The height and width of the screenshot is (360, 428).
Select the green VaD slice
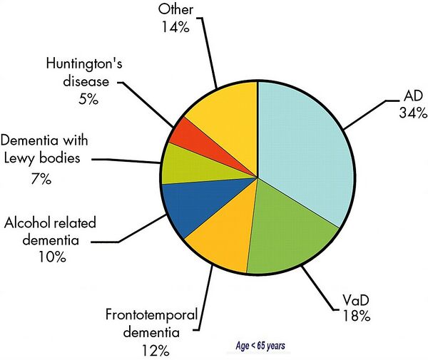(290, 232)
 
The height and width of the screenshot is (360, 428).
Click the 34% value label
(413, 113)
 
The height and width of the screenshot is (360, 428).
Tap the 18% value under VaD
(357, 317)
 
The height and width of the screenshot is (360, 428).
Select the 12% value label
(156, 351)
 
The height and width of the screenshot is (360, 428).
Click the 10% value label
(52, 257)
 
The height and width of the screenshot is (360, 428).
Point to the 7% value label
(41, 179)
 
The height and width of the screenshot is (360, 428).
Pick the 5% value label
(88, 99)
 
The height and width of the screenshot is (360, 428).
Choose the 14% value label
(175, 27)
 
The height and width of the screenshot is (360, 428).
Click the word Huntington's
(84, 65)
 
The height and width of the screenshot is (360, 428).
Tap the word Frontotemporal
(151, 316)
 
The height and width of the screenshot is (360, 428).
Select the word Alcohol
(25, 222)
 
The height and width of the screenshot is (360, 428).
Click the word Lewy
(20, 159)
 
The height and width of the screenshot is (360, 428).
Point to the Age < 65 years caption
(260, 346)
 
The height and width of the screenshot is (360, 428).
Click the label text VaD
(356, 300)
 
